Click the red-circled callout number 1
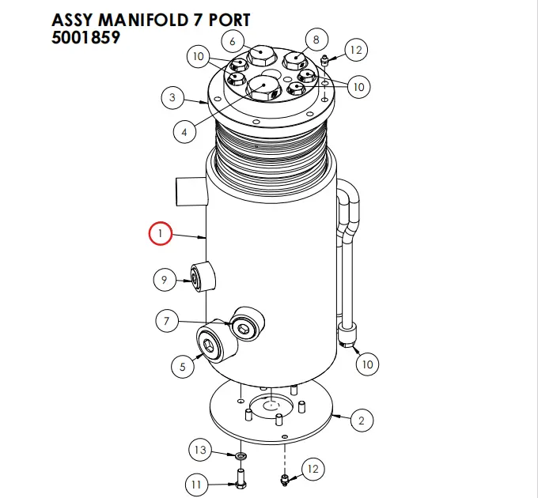pyautogui.click(x=161, y=234)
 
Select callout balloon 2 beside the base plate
pyautogui.click(x=361, y=420)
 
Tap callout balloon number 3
pyautogui.click(x=172, y=99)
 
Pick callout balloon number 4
pyautogui.click(x=184, y=132)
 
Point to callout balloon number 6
pyautogui.click(x=233, y=40)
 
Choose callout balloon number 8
pyautogui.click(x=316, y=39)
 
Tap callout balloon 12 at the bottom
pyautogui.click(x=313, y=469)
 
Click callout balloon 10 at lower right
pyautogui.click(x=366, y=364)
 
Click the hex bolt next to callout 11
pyautogui.click(x=240, y=477)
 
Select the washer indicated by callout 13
pyautogui.click(x=239, y=456)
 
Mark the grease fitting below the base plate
pyautogui.click(x=285, y=478)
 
